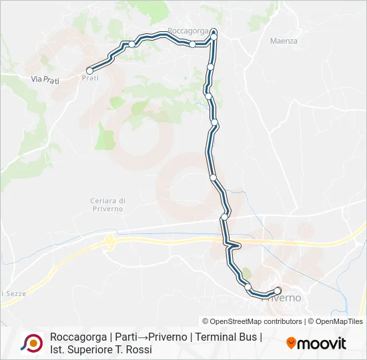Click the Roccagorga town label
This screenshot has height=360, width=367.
pos(188,31)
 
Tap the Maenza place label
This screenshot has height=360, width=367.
pos(284,41)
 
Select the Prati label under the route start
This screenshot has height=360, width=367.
pos(90,78)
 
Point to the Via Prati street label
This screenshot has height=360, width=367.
pos(45,79)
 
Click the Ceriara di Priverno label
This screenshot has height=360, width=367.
pos(108,205)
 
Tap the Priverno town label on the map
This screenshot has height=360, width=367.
pos(283,298)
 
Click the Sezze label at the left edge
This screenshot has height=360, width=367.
pos(11,293)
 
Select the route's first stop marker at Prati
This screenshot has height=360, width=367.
pos(89,69)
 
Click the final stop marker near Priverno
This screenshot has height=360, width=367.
pos(278,289)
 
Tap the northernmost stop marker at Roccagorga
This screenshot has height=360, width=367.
pos(214,31)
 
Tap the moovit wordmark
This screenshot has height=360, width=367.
pos(322,343)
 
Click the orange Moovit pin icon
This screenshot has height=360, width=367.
pos(291,343)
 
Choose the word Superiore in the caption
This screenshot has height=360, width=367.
pos(91,349)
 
